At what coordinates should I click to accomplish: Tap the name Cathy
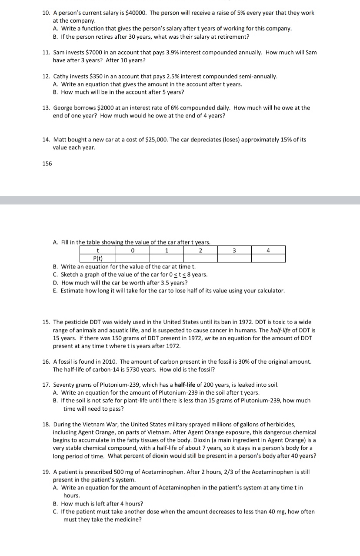(x=62, y=76)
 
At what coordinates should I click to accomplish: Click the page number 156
(x=47, y=164)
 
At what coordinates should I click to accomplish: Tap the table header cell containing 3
(x=234, y=250)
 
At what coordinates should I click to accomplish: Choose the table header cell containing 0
(x=132, y=250)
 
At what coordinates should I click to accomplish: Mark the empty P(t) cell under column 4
(x=268, y=258)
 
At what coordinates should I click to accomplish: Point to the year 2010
(x=109, y=362)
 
